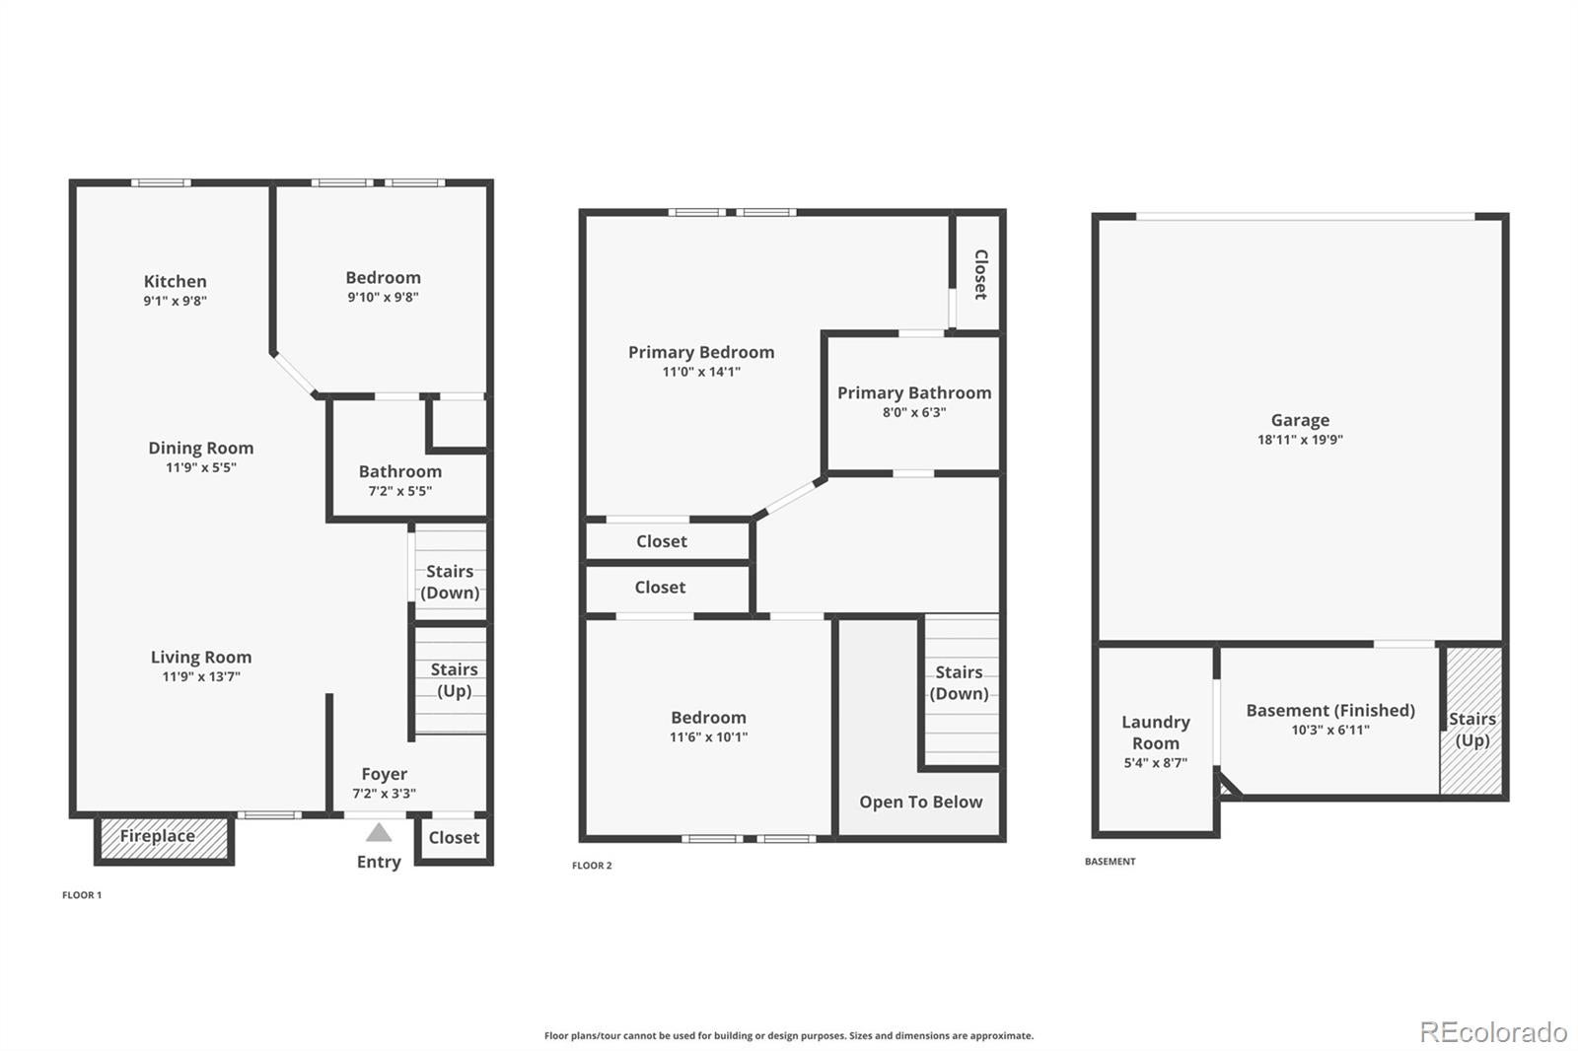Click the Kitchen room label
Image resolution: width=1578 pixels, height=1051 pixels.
tap(176, 281)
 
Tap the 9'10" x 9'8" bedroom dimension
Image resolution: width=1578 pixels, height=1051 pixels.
tap(384, 298)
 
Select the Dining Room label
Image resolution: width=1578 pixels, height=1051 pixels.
tap(201, 448)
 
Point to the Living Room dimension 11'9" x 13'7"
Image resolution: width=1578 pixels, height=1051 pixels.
tap(201, 677)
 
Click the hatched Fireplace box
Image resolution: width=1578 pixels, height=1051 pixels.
tap(164, 838)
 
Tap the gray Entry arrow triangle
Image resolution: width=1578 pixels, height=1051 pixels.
tap(379, 833)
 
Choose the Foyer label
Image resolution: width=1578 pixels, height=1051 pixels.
tap(384, 774)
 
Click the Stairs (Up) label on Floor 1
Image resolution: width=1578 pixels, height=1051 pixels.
tap(455, 679)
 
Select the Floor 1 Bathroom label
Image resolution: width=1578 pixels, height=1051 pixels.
tap(400, 471)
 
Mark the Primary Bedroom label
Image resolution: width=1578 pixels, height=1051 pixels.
tap(701, 352)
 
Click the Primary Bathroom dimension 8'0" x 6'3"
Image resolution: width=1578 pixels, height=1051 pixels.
tap(914, 412)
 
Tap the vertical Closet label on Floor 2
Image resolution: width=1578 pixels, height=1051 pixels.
tap(980, 275)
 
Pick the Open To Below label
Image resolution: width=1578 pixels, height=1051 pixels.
tap(921, 803)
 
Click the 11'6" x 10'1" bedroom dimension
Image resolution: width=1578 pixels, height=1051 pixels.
tap(709, 737)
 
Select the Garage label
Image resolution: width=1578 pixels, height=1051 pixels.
tap(1301, 421)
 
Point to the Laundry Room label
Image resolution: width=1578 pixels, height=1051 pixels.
tap(1156, 733)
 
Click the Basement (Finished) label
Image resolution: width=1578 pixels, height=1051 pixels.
tap(1330, 710)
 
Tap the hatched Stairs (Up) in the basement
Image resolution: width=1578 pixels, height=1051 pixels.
tap(1472, 721)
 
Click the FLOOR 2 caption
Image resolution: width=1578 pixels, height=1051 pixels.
tap(592, 866)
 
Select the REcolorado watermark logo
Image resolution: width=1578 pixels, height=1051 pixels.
tap(1493, 1032)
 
